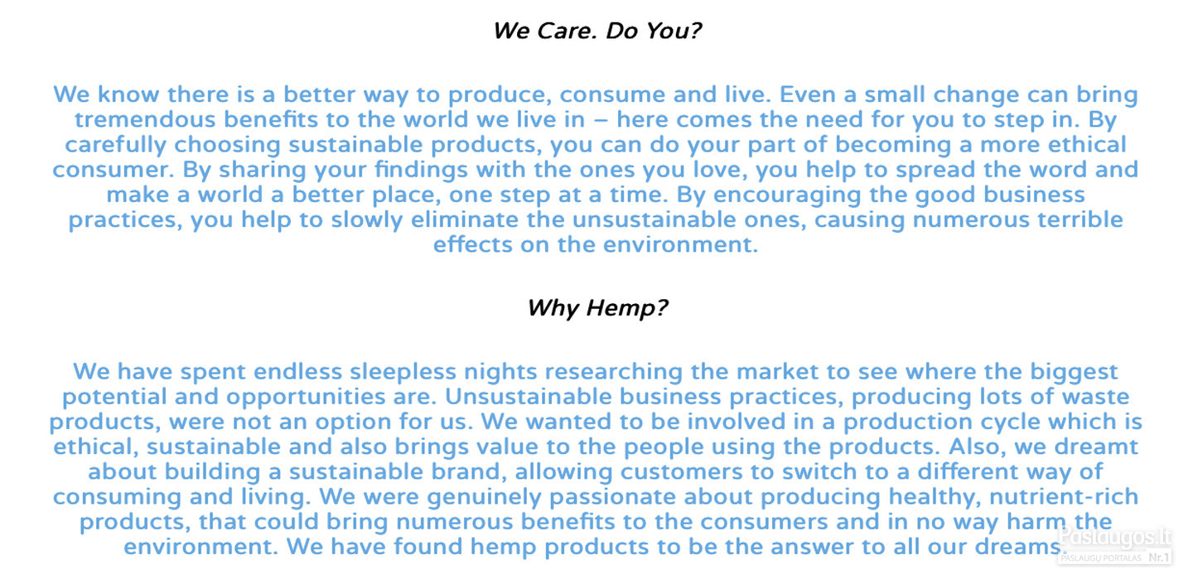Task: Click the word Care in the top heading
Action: coord(567,31)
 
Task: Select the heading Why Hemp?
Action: coord(597,308)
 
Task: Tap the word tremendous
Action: coord(145,119)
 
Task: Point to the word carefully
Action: coord(116,145)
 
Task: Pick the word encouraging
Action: coord(787,195)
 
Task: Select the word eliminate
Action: coord(465,220)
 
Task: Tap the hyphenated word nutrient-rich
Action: coord(1064,497)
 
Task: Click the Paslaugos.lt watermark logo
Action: coord(1115,536)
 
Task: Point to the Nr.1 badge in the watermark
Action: coord(1158,557)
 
